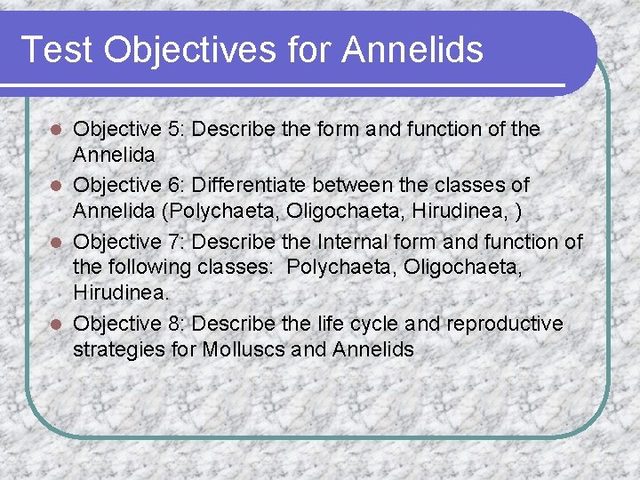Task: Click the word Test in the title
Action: [55, 49]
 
